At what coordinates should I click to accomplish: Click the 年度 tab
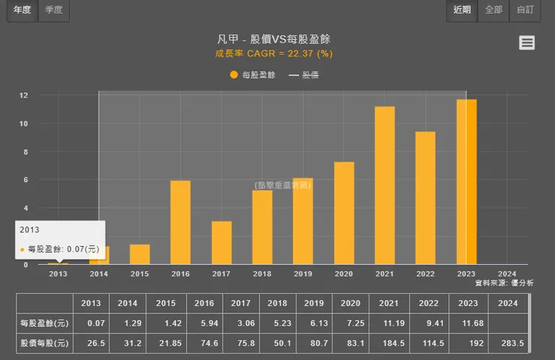[x=22, y=10]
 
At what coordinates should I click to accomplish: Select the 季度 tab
[x=53, y=10]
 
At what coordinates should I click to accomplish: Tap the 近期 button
[x=462, y=10]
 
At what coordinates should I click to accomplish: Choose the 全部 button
[x=493, y=10]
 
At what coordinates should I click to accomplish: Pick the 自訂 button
[x=525, y=10]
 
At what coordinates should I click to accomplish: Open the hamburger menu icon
[x=527, y=43]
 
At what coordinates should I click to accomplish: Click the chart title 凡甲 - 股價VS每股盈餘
[x=273, y=40]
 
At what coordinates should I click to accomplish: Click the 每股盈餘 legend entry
[x=253, y=75]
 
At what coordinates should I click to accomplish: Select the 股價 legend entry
[x=304, y=75]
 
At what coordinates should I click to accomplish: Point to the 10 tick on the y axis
[x=24, y=124]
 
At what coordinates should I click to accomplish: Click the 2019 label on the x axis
[x=303, y=274]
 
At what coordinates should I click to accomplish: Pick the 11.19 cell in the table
[x=388, y=323]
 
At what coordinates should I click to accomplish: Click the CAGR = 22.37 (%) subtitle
[x=274, y=53]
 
